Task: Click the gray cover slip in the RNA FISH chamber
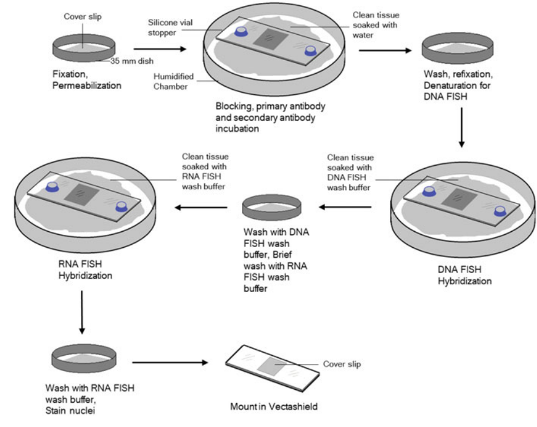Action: coord(78,193)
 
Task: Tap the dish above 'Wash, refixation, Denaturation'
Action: coord(451,50)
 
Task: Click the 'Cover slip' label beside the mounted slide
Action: coord(342,364)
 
